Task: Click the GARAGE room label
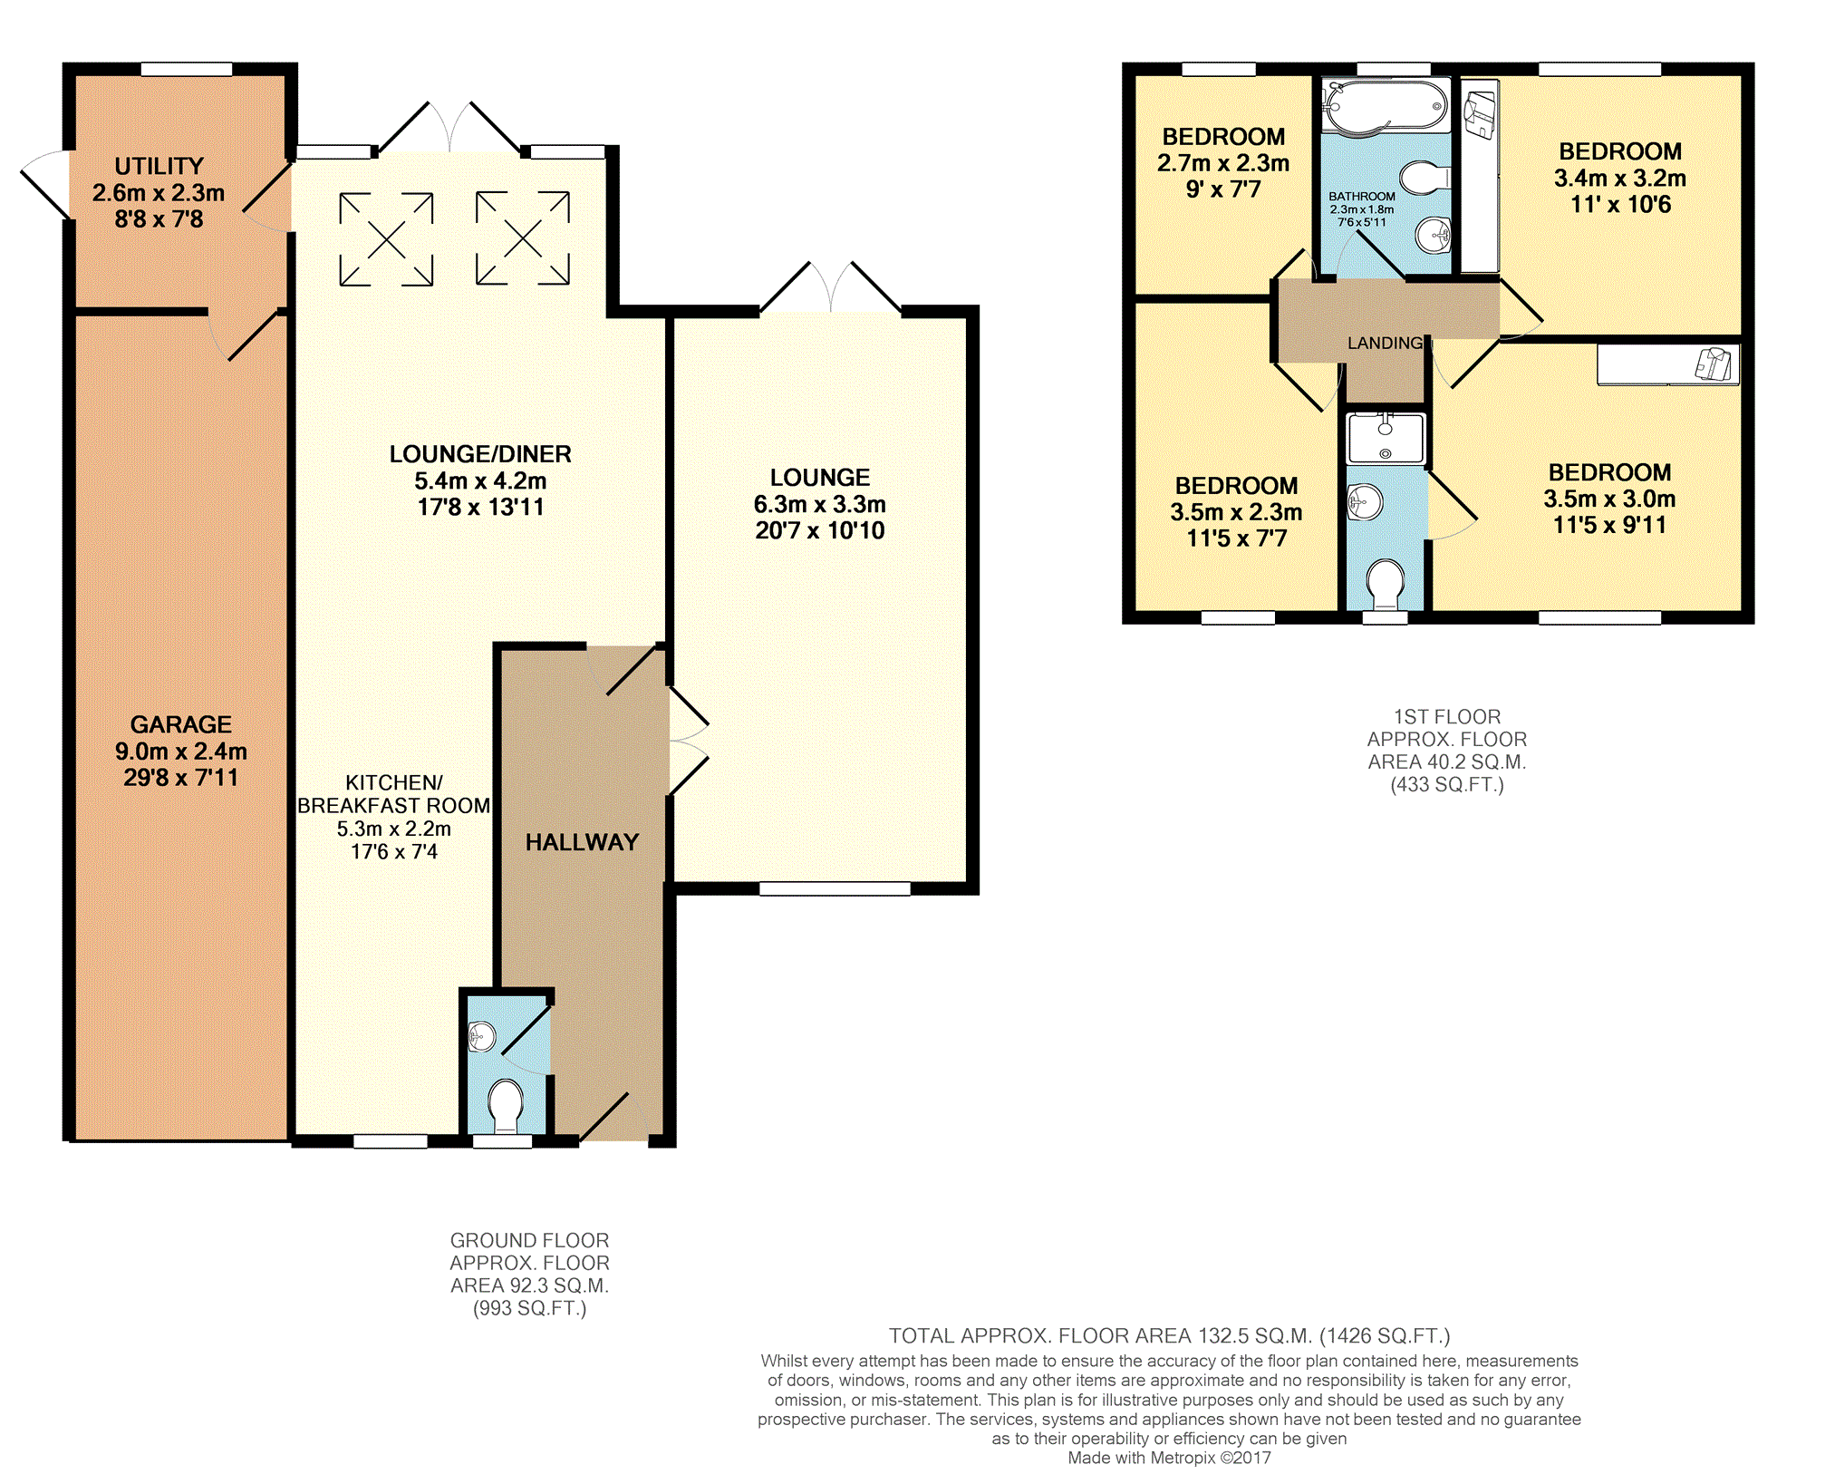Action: click(x=181, y=724)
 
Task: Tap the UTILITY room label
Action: click(x=159, y=166)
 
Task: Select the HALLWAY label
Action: click(x=582, y=842)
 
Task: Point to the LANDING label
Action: click(x=1385, y=343)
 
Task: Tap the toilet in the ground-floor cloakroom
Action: click(x=505, y=1107)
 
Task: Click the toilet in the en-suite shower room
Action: click(x=1385, y=585)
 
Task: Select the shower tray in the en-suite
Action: click(x=1385, y=438)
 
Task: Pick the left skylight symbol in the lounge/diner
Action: click(x=386, y=239)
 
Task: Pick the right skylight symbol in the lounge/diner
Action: click(x=523, y=238)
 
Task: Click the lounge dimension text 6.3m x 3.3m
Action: click(x=820, y=504)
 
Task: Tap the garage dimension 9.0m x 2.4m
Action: click(x=181, y=751)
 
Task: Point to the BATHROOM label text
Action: click(x=1362, y=196)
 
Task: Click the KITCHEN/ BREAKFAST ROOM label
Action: click(x=394, y=794)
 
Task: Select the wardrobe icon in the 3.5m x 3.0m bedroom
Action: click(x=1714, y=364)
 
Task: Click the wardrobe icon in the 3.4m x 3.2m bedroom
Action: click(x=1480, y=115)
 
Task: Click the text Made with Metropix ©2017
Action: click(x=1169, y=1458)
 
